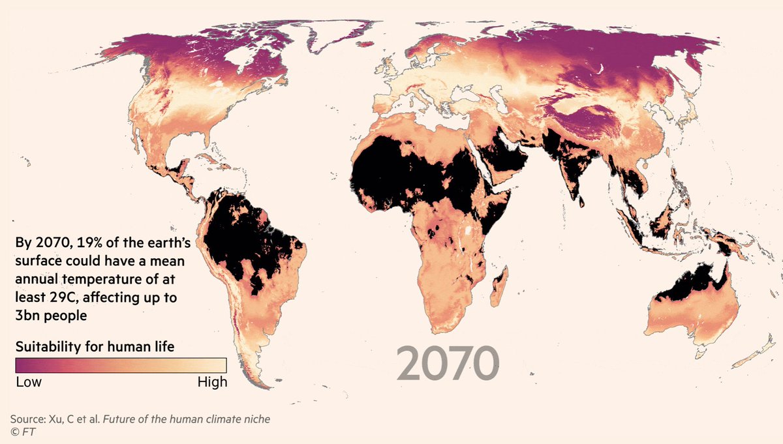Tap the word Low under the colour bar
[x=29, y=382]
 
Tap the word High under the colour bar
[x=212, y=382]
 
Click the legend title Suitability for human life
[x=95, y=346]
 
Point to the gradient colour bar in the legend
[x=121, y=365]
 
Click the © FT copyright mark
[x=21, y=432]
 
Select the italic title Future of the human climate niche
[x=195, y=419]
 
